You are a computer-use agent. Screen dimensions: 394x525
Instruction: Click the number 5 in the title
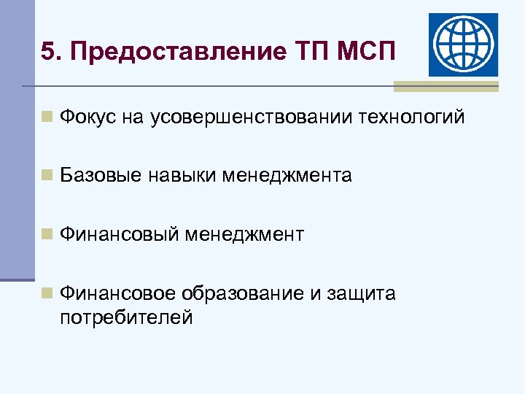(x=47, y=52)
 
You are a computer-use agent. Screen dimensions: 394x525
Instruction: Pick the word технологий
(x=411, y=117)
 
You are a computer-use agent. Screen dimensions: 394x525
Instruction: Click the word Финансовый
(x=119, y=234)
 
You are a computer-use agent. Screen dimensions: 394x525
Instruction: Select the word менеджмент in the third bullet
(x=244, y=234)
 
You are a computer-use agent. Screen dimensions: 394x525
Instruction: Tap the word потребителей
(x=126, y=317)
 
